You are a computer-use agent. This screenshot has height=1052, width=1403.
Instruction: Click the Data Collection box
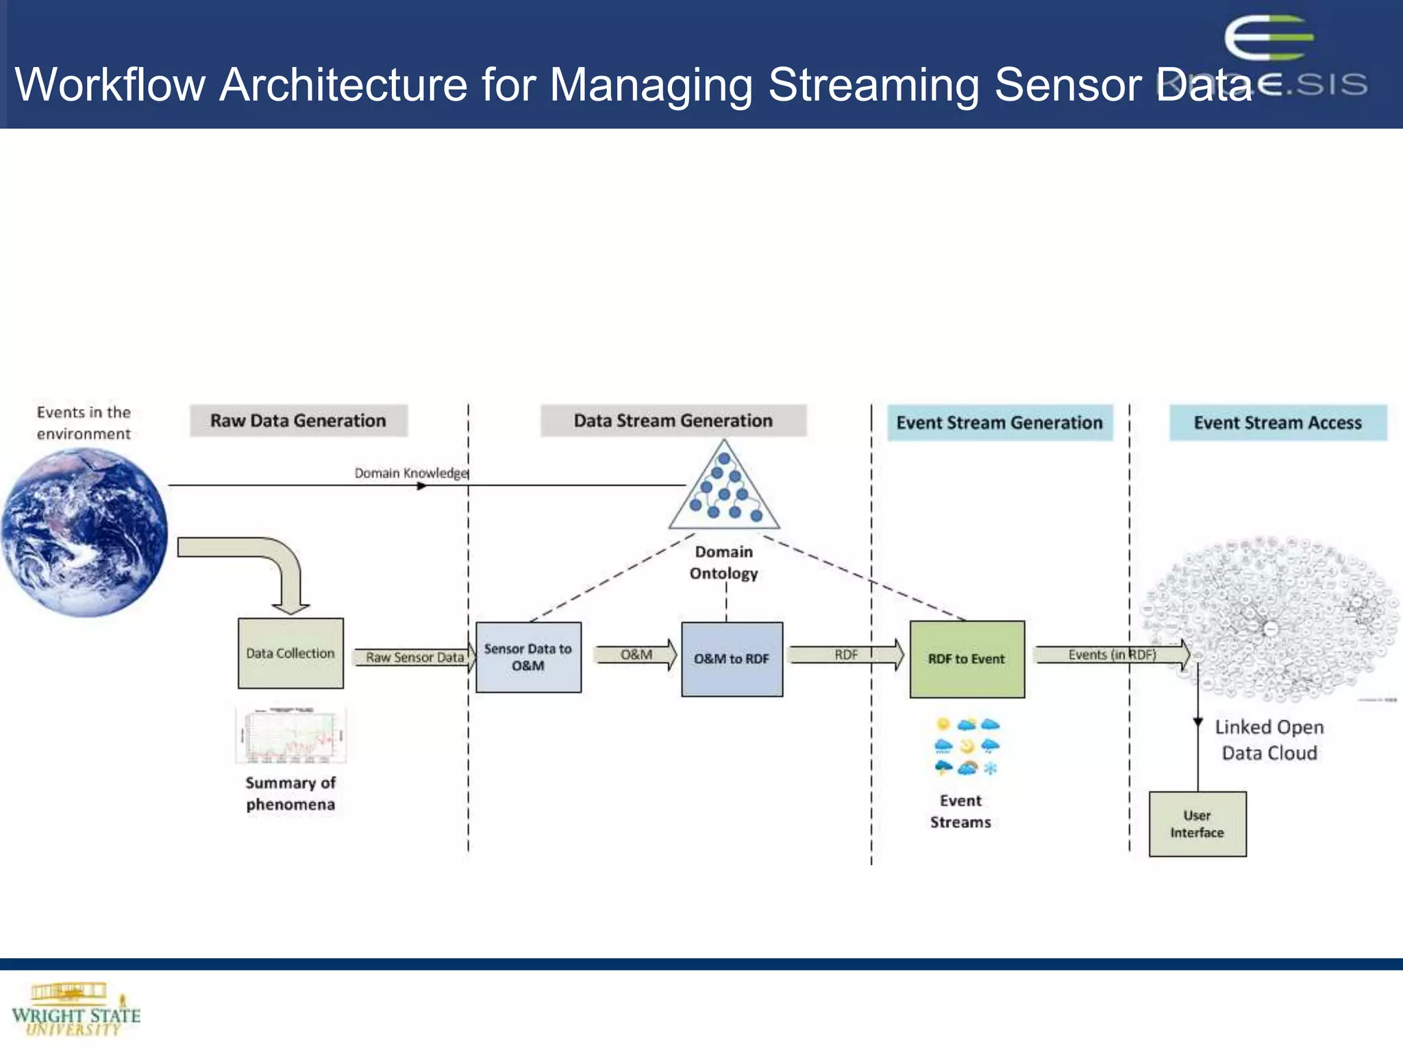point(290,653)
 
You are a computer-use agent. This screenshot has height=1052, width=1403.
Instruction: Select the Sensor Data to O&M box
point(528,657)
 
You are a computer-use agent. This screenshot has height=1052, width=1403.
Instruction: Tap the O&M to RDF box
point(732,659)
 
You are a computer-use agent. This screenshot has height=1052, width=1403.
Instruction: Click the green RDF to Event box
point(967,659)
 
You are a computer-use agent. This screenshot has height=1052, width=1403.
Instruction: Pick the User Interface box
point(1197,824)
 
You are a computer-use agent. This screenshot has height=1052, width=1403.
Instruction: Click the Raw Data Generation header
point(298,421)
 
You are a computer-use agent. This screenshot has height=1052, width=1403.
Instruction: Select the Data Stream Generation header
point(673,421)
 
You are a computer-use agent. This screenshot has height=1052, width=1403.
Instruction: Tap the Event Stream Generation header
point(1000,423)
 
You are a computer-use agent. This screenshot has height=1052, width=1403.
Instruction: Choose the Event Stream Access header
point(1278,423)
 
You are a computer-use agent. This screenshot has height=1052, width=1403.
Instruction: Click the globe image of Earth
point(84,532)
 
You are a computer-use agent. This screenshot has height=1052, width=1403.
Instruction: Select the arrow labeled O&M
point(636,655)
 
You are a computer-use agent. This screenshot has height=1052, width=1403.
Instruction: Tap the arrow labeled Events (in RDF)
point(1112,655)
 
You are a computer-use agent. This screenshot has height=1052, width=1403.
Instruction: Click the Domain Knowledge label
point(411,473)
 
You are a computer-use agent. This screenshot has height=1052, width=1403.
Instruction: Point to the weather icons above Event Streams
point(967,746)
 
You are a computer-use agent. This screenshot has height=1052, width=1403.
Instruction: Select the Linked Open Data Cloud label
point(1269,740)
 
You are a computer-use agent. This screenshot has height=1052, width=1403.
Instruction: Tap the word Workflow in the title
point(110,85)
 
